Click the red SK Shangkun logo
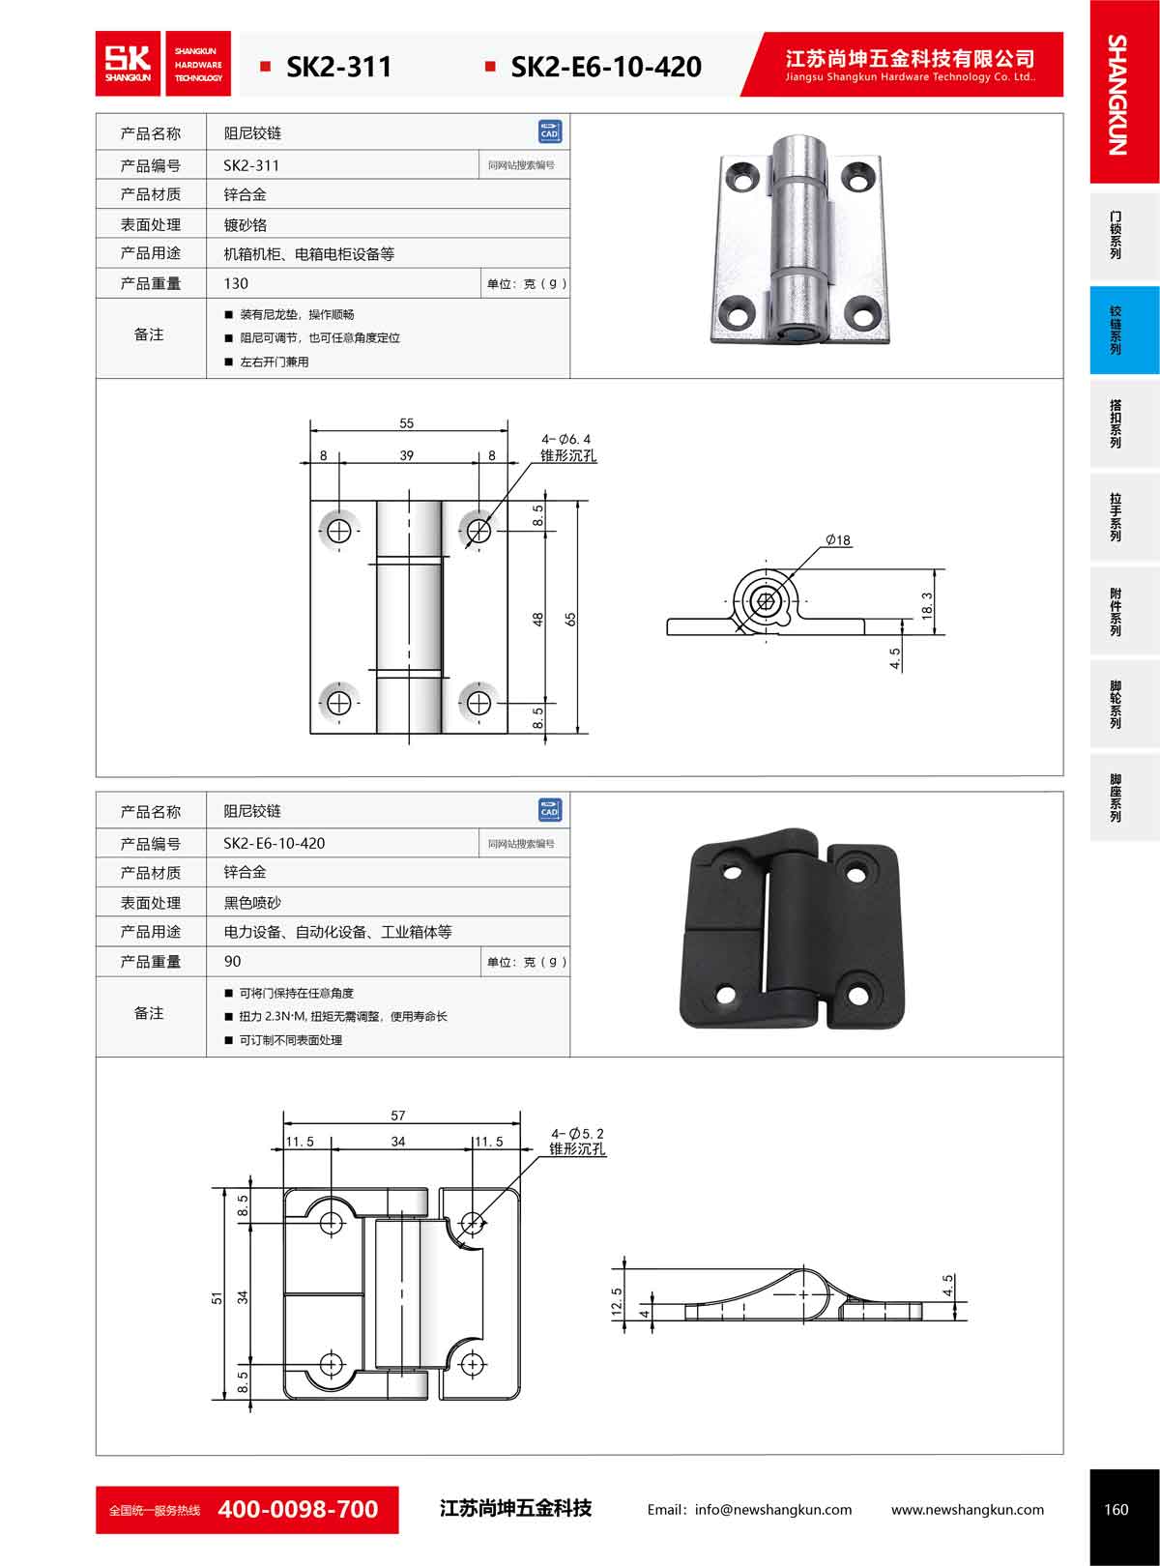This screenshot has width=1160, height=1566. [x=129, y=64]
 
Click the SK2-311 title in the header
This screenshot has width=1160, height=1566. [x=338, y=67]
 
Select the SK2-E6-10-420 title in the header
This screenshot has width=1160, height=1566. [x=605, y=67]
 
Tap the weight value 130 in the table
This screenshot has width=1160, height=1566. [x=236, y=283]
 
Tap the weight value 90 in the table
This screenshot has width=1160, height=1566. [x=233, y=961]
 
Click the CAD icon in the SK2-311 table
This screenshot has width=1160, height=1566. [x=549, y=131]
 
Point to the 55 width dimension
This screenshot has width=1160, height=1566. [x=406, y=423]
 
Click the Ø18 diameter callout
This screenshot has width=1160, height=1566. [x=838, y=540]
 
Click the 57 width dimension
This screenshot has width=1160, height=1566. [x=398, y=1116]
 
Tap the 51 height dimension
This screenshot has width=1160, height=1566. [x=218, y=1298]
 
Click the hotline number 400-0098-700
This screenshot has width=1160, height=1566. [x=298, y=1509]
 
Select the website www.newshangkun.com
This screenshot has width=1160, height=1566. [x=967, y=1509]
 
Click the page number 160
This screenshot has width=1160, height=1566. [x=1116, y=1509]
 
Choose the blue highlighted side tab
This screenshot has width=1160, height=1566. [x=1124, y=331]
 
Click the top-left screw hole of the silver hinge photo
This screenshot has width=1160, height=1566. [x=742, y=176]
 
